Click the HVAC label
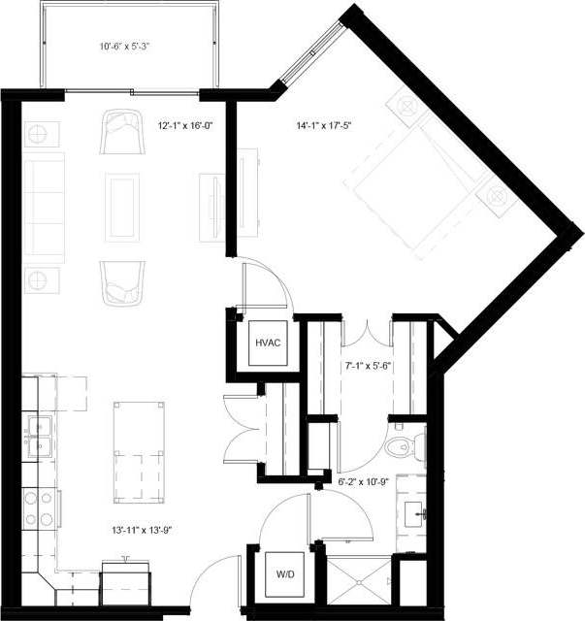click(267, 343)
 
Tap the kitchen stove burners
click(39, 508)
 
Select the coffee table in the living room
click(121, 207)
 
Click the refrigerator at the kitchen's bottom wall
click(127, 581)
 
